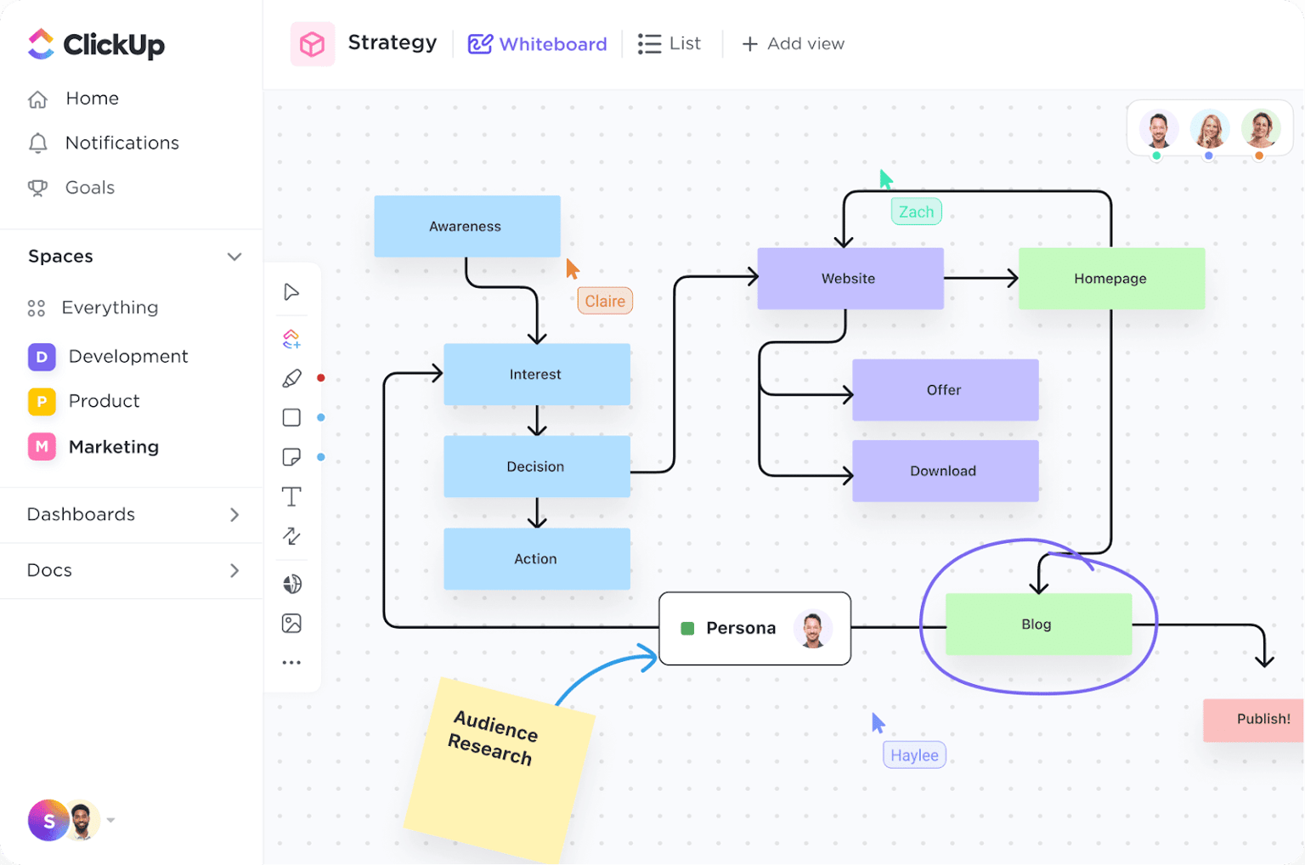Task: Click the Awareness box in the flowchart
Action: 466,226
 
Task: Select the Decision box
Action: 536,466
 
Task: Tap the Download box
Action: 945,471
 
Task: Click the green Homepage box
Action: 1110,279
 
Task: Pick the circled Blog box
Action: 1037,625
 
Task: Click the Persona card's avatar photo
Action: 812,629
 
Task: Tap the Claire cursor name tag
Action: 605,301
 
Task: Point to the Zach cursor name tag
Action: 916,212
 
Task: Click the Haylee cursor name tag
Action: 914,755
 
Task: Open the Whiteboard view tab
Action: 538,44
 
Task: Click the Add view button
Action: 793,44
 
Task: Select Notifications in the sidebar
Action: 121,143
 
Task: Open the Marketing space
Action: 113,447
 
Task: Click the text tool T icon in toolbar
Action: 291,497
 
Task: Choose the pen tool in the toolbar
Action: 291,378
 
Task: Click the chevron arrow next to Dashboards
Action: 234,515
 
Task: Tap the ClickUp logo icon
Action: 41,44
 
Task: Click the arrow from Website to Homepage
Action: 980,278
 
